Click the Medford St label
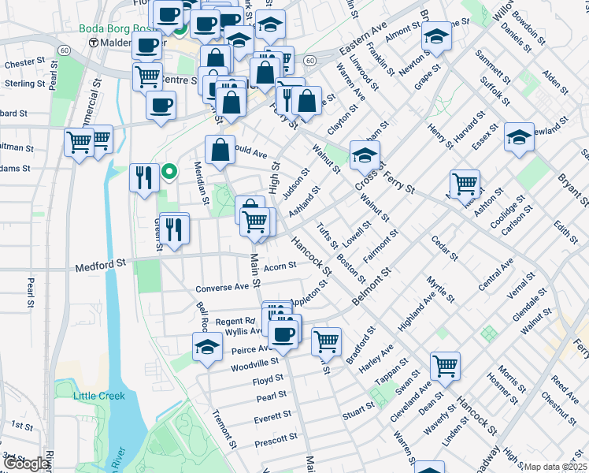click(x=101, y=268)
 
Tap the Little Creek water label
click(x=100, y=396)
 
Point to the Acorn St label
click(x=280, y=266)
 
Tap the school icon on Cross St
click(x=365, y=155)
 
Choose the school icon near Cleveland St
click(x=519, y=137)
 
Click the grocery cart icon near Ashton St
click(x=465, y=184)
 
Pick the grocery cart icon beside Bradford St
click(x=326, y=341)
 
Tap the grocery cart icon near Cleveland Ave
click(x=445, y=365)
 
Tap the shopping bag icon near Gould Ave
click(x=220, y=150)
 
